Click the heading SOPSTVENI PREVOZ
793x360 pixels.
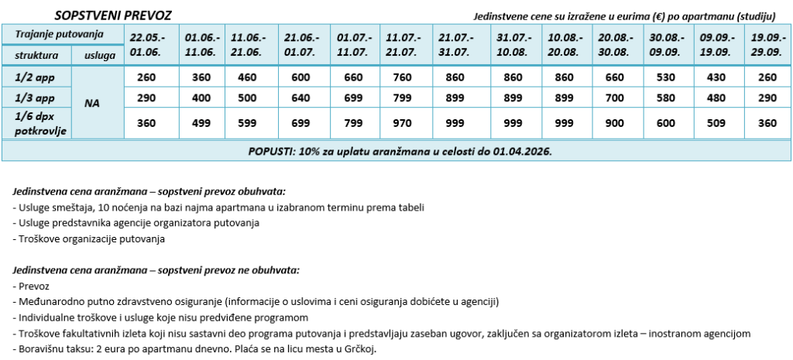[x=114, y=15]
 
